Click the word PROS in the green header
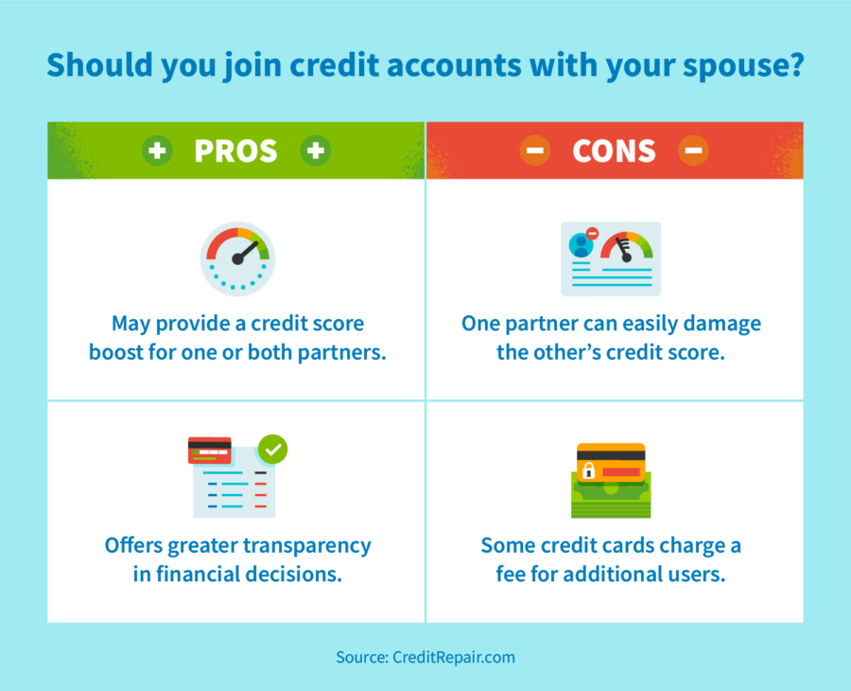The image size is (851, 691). tap(236, 151)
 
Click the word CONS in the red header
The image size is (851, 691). tap(614, 151)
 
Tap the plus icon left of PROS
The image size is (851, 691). tap(157, 151)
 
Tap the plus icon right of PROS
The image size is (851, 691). tap(316, 151)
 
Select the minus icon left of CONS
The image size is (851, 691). tap(534, 151)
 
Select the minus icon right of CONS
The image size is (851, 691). tap(693, 151)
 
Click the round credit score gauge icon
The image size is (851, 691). tap(237, 258)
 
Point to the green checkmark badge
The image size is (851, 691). tap(273, 449)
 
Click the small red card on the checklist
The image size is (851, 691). tap(209, 451)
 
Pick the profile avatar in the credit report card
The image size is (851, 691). tap(581, 245)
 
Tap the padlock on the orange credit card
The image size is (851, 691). tap(589, 469)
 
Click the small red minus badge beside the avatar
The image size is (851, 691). tap(592, 233)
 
